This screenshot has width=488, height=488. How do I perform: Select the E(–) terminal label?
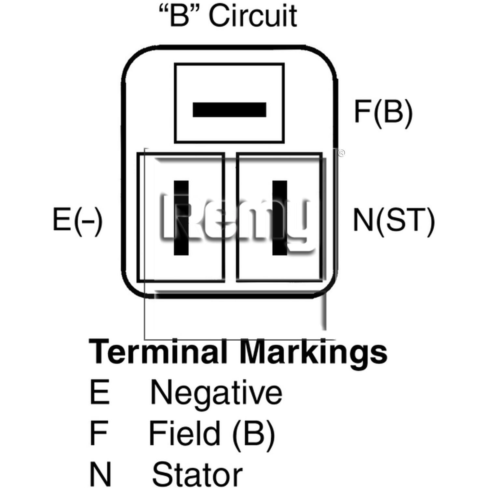pyautogui.click(x=77, y=220)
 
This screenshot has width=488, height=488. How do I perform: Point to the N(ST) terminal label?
pyautogui.click(x=394, y=220)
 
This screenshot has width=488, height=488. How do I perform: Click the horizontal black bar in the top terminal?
pyautogui.click(x=229, y=110)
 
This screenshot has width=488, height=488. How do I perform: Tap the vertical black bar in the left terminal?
pyautogui.click(x=181, y=218)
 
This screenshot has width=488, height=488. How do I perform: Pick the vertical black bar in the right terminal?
pyautogui.click(x=279, y=218)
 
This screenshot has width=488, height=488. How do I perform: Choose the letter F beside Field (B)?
pyautogui.click(x=99, y=433)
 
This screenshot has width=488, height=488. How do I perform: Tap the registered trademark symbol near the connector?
pyautogui.click(x=342, y=153)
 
